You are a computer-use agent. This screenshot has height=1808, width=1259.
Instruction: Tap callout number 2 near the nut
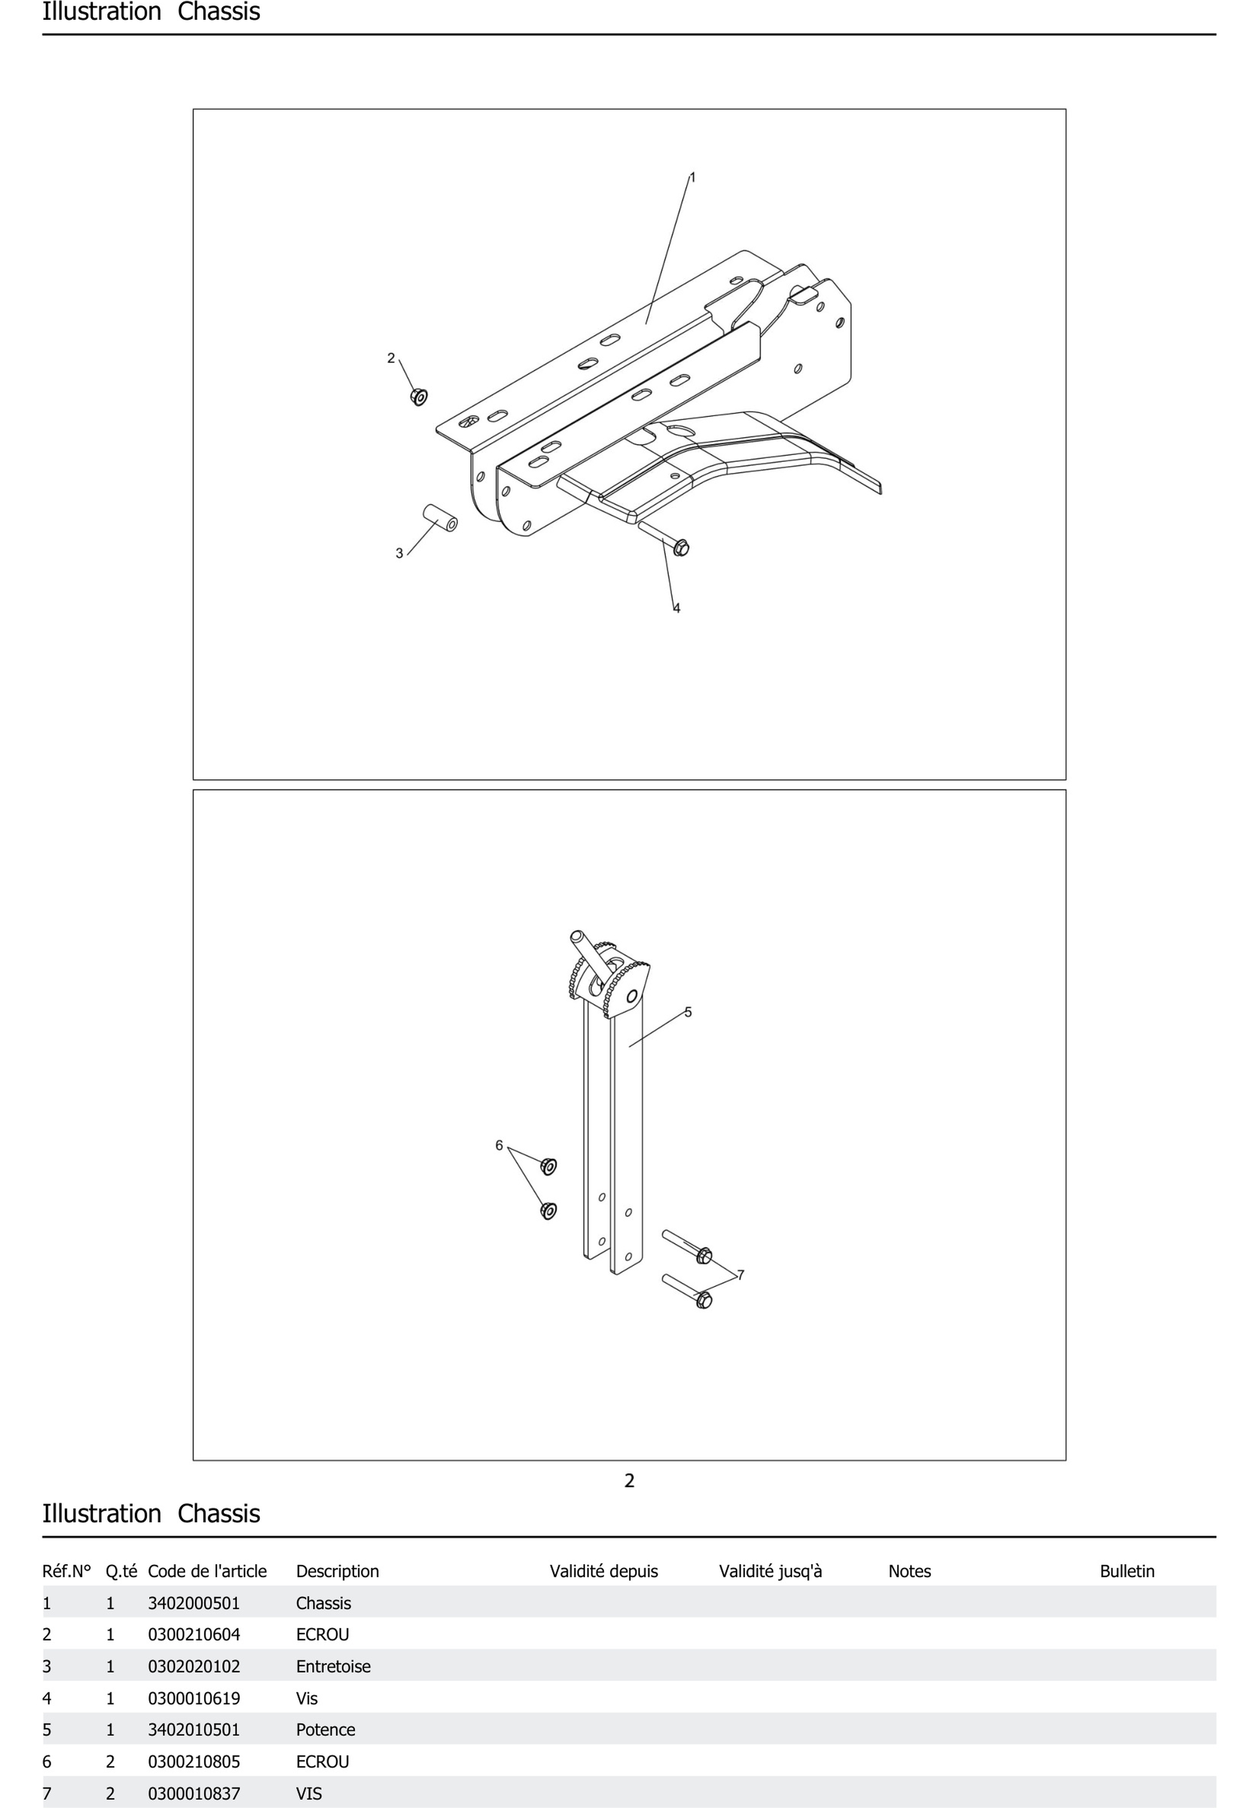391,358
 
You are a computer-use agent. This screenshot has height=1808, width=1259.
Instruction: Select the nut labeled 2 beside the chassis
419,397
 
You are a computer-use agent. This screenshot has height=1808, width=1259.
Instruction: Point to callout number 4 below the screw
676,608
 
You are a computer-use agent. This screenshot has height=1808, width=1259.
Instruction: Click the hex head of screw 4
681,547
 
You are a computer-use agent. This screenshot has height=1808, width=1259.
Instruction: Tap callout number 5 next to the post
688,1012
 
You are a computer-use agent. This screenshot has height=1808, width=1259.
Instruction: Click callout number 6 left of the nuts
498,1145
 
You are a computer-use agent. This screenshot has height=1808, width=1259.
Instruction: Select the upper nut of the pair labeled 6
549,1166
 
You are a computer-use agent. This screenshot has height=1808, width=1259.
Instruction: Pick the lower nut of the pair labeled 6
549,1210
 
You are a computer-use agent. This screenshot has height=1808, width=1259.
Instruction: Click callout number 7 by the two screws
740,1275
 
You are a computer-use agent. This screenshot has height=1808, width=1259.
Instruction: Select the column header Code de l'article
207,1571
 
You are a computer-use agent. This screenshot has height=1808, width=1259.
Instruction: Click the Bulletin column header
1127,1571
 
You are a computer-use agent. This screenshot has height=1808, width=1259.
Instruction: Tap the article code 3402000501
194,1603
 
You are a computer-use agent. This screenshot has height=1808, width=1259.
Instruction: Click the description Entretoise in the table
333,1666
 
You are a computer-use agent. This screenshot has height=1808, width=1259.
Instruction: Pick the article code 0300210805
194,1762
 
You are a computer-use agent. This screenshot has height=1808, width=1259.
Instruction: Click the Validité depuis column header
603,1571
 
